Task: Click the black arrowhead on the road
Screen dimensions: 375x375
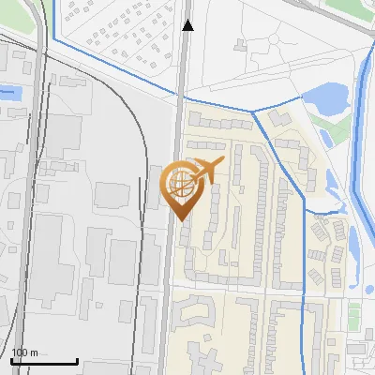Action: pos(187,25)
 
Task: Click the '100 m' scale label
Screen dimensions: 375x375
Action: pos(24,352)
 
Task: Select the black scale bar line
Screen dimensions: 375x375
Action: pos(44,361)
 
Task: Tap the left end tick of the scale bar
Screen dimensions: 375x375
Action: pos(11,358)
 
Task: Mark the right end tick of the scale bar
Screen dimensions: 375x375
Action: pos(77,358)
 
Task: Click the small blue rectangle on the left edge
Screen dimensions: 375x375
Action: pos(8,93)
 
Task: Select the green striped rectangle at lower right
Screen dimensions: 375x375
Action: pos(354,315)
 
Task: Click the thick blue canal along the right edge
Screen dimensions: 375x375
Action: pos(360,141)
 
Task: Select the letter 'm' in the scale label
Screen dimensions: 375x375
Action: pos(34,352)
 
